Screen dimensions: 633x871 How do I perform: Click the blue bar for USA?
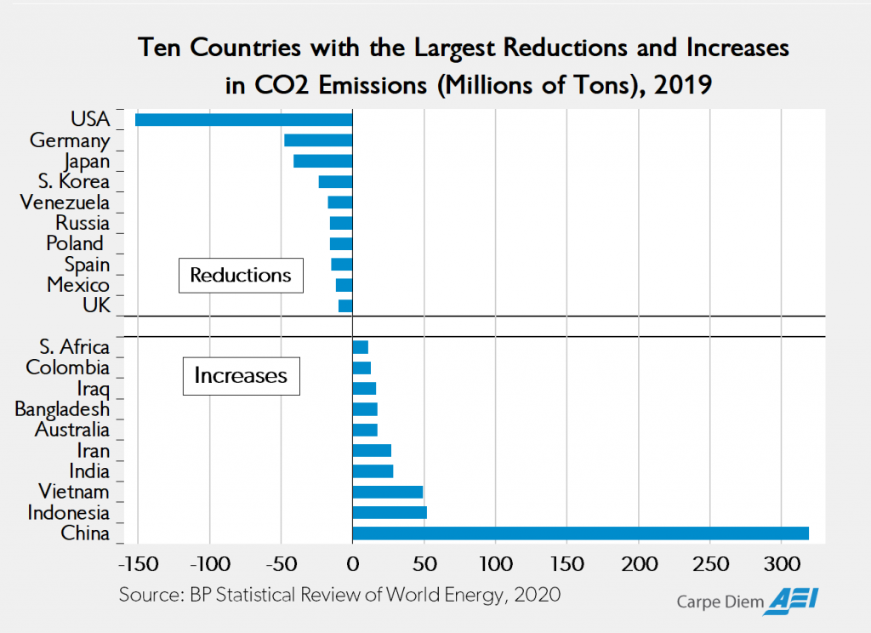[243, 120]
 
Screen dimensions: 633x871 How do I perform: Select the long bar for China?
[580, 533]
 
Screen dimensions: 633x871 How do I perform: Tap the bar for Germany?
[318, 140]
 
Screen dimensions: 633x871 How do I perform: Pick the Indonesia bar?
[390, 512]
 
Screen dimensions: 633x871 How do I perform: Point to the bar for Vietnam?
[387, 492]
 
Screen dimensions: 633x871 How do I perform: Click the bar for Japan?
[322, 161]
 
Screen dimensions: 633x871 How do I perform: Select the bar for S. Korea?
[335, 181]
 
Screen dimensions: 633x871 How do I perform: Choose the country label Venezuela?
[65, 202]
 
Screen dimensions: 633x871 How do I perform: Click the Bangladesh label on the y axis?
[62, 409]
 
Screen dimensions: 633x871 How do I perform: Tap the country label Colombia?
[68, 368]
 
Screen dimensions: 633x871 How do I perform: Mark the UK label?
[96, 305]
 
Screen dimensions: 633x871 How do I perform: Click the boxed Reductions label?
[241, 275]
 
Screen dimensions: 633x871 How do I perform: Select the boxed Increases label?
[241, 375]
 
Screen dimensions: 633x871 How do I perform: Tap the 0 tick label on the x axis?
[352, 564]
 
